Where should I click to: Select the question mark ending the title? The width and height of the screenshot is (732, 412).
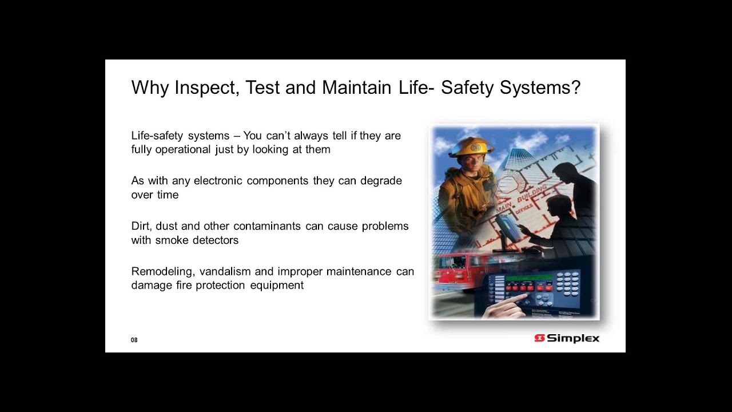(x=575, y=88)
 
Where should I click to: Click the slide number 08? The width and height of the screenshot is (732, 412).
(x=134, y=340)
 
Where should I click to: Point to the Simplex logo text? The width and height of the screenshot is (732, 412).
(x=573, y=338)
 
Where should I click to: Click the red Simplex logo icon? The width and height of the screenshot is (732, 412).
(x=539, y=338)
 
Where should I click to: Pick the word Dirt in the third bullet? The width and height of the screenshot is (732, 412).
(x=141, y=225)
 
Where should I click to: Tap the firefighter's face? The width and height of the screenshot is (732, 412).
(x=472, y=163)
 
